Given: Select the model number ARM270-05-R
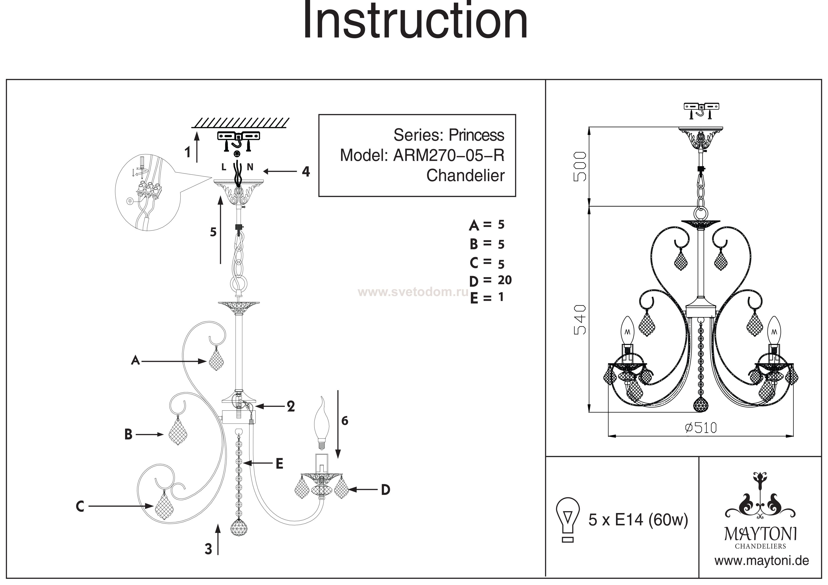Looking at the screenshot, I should point(449,155).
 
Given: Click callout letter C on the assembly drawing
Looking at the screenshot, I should point(80,506).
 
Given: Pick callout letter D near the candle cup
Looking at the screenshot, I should point(385,490).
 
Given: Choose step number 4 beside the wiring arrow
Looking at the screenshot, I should point(306,171).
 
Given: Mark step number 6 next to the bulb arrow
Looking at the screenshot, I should point(345,421).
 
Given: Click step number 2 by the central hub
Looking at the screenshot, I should point(291,407).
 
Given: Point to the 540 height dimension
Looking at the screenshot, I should point(580,320).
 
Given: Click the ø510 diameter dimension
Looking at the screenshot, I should point(701,428).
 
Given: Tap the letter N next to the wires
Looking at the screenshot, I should point(250,167).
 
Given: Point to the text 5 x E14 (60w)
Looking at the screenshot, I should point(638,520).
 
